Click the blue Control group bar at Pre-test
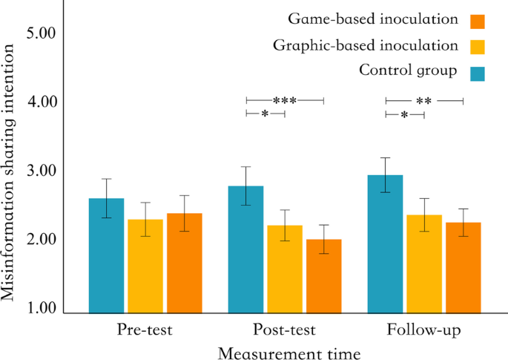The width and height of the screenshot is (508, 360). coord(106,255)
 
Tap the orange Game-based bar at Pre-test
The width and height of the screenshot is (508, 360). coord(184,263)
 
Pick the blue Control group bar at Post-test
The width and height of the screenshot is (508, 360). coord(245,249)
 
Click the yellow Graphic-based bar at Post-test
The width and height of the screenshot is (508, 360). coord(284,269)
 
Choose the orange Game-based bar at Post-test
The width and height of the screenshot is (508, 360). coord(323,275)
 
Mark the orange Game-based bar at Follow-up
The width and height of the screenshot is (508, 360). coord(463,267)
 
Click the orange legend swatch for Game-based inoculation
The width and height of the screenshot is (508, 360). coord(478,20)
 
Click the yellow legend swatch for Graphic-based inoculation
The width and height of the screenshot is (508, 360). coord(478,46)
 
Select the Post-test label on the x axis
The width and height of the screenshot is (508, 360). coord(284,330)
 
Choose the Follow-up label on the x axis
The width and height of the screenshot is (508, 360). coord(423,330)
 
